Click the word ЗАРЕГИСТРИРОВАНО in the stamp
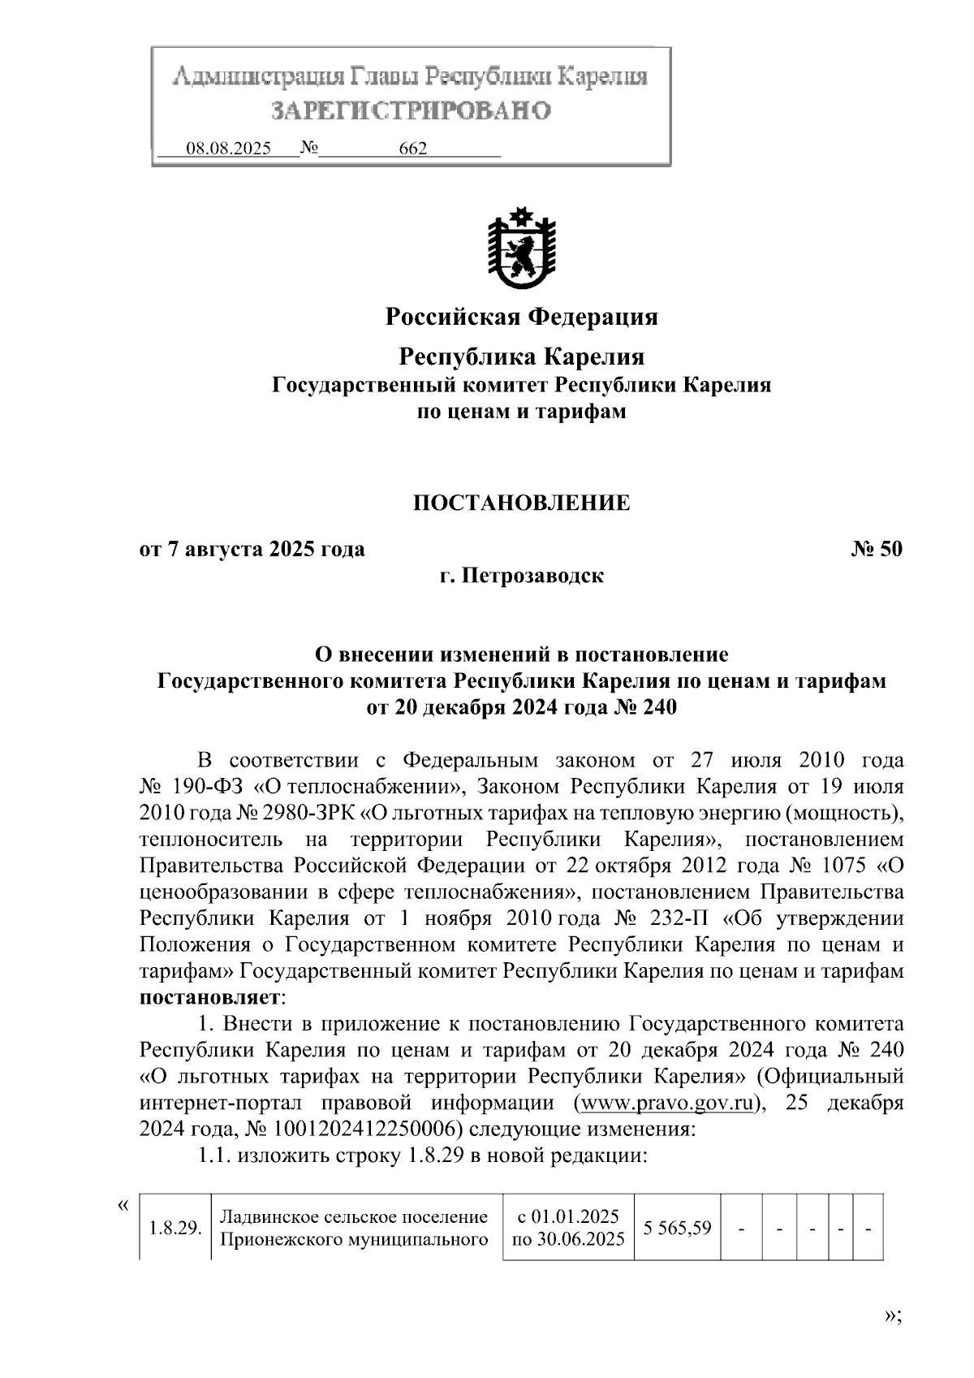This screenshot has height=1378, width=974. tap(410, 110)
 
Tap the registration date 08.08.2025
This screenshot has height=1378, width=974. tap(228, 149)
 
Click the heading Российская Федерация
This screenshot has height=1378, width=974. tap(521, 316)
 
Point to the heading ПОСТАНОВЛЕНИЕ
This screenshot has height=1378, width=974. tap(521, 503)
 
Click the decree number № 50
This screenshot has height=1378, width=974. tap(876, 549)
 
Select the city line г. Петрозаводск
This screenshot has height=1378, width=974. tap(521, 576)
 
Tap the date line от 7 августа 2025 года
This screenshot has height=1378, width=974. tap(252, 549)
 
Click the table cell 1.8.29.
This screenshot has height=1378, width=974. tap(175, 1228)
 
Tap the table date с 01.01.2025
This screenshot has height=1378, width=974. tap(568, 1216)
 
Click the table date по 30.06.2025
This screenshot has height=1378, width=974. tap(568, 1239)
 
